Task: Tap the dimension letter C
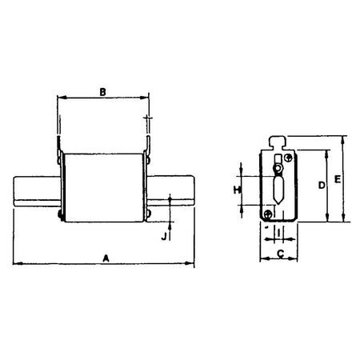coord(279,254)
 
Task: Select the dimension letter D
coord(321,186)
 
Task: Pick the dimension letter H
coord(237,190)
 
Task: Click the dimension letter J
coord(163,236)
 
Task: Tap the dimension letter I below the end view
coord(278,234)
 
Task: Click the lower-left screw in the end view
coord(268,212)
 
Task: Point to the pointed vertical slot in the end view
coord(278,190)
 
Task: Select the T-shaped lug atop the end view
coord(278,143)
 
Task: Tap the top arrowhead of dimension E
coord(343,138)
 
